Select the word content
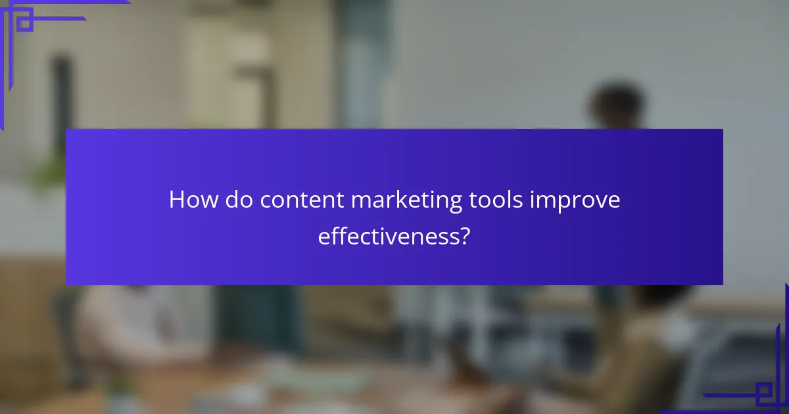302,200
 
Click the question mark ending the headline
464,236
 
